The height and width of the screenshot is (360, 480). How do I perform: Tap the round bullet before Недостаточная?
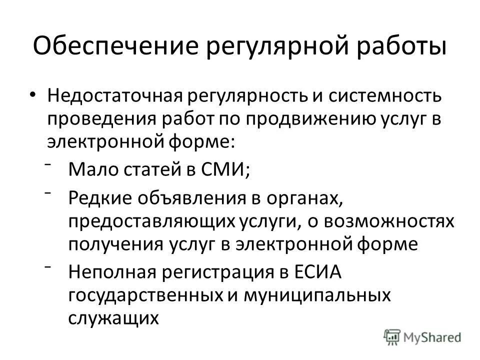33,95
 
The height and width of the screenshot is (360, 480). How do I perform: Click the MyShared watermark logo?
423,336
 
